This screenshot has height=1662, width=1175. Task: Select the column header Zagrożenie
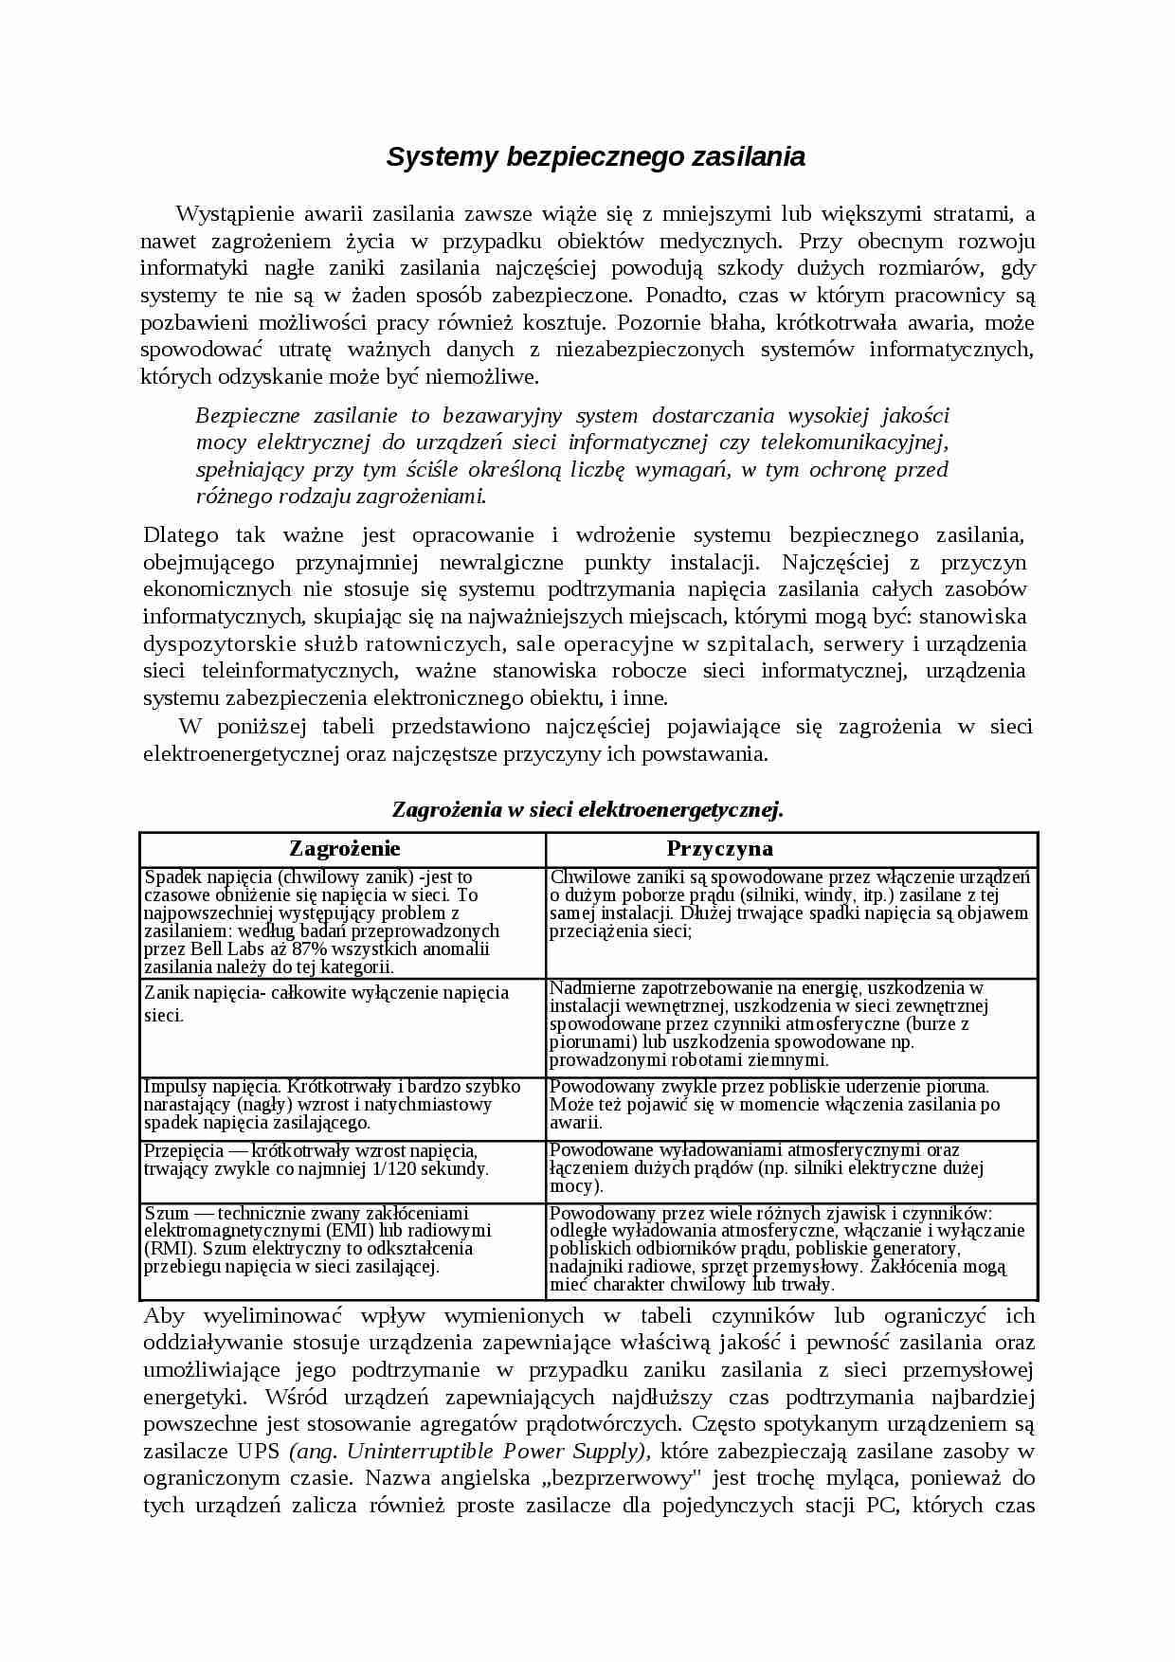344,848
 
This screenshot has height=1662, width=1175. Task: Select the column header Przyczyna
719,848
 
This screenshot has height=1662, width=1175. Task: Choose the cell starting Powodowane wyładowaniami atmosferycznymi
790,1168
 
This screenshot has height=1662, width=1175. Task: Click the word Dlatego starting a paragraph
181,535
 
